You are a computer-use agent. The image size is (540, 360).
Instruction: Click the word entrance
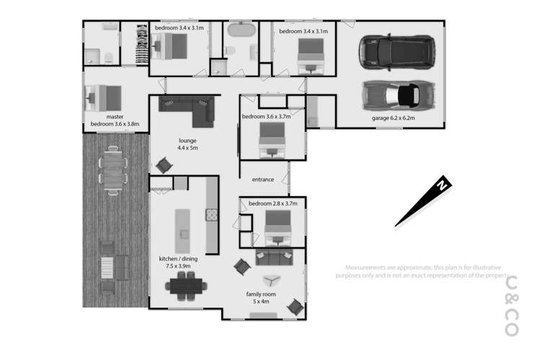click(263, 179)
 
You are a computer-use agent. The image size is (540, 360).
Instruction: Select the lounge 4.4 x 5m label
click(187, 144)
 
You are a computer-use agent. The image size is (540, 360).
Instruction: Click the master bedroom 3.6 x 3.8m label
click(115, 120)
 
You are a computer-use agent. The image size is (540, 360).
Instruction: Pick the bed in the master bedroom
click(103, 96)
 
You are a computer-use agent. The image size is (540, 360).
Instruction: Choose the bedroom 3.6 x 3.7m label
click(266, 116)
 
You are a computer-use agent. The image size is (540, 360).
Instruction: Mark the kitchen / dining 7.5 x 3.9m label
click(179, 262)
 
